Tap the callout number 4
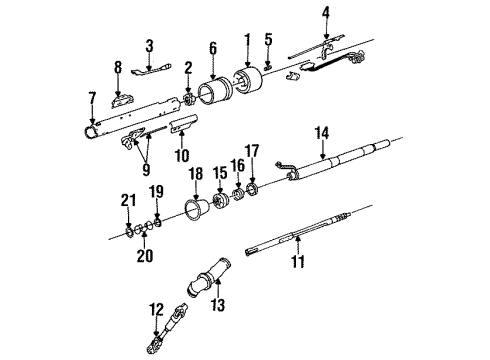click(x=325, y=14)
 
